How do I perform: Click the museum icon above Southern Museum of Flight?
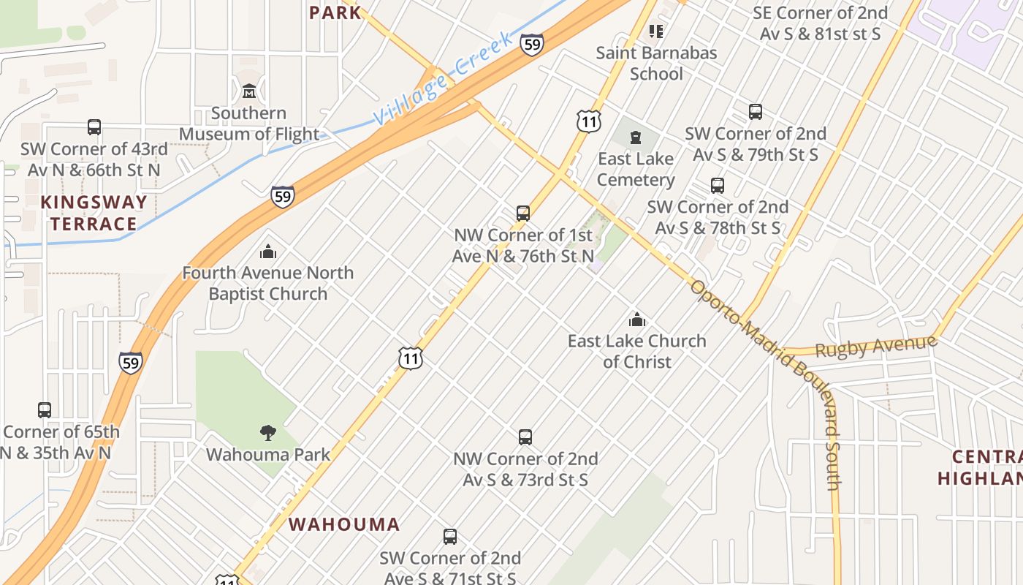tap(249, 91)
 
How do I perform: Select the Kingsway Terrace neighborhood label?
tap(94, 213)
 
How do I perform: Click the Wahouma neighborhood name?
tap(344, 524)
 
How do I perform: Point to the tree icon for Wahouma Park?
tap(268, 432)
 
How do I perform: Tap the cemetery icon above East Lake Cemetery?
tap(636, 137)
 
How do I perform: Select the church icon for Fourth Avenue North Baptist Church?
tap(268, 252)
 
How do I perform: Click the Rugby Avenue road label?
tap(875, 347)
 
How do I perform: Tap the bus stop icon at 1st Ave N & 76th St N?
tap(523, 214)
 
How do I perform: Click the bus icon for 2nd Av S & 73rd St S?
tap(525, 437)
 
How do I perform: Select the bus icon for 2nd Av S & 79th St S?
tap(756, 112)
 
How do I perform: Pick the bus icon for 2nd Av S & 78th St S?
tap(718, 185)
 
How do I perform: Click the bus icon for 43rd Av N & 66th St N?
tap(94, 127)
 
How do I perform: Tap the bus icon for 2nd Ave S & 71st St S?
tap(450, 537)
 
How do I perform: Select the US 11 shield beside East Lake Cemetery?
tap(588, 121)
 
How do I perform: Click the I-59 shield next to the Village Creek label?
tap(532, 45)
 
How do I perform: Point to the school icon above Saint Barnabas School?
tap(656, 31)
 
